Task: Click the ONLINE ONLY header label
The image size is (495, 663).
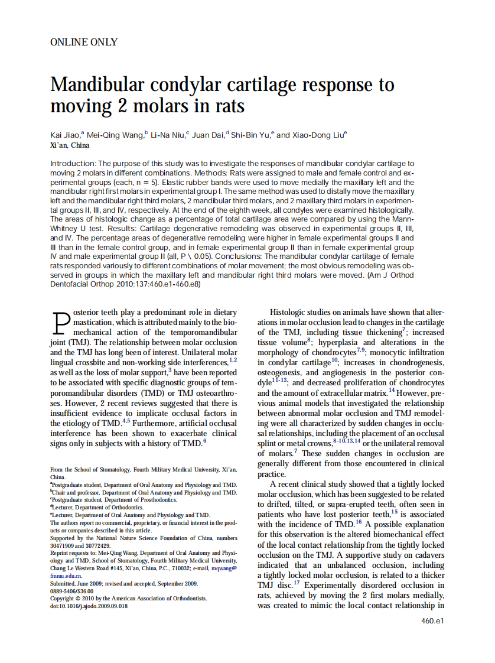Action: coord(84,42)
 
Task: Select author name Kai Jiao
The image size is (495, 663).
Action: coord(65,135)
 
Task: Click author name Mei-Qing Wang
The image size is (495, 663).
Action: coord(115,135)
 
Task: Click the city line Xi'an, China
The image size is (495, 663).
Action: coord(70,145)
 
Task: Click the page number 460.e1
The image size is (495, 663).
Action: coord(432,621)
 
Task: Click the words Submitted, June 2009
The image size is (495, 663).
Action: coord(76,583)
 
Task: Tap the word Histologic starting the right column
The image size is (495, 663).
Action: coord(289,312)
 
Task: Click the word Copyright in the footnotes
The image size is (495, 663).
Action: coord(63,598)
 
